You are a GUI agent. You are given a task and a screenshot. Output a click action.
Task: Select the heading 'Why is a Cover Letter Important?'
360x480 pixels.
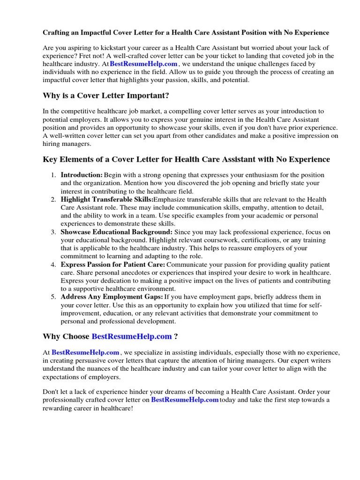pos(105,96)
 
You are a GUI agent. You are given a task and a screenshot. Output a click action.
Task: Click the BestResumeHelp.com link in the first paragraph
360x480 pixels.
pos(143,64)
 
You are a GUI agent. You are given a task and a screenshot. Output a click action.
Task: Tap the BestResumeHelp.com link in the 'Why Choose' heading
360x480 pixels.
pos(132,337)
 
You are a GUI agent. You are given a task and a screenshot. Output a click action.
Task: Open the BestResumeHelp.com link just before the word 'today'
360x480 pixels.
pos(185,400)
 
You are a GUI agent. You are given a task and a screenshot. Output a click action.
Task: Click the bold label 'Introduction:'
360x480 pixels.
pos(82,175)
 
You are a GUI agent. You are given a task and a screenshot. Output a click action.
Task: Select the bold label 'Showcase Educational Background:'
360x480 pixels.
pos(116,232)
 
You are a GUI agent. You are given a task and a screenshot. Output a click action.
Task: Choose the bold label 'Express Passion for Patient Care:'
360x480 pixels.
pos(112,265)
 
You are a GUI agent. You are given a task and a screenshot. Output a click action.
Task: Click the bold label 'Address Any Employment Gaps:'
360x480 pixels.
pos(112,297)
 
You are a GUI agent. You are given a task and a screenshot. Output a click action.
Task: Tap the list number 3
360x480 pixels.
pos(54,232)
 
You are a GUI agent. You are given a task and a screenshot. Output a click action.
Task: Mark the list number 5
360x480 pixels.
pos(54,297)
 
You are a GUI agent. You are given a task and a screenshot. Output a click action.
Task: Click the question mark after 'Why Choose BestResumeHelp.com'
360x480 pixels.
pos(176,337)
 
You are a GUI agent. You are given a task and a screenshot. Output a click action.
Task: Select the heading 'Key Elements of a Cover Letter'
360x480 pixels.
pos(186,159)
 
